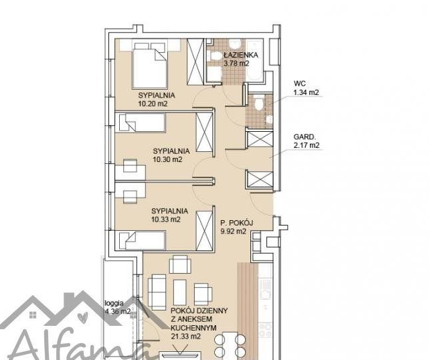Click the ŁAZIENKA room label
click(241, 55)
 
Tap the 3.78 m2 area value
click(237, 64)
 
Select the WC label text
click(300, 84)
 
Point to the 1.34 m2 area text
click(306, 92)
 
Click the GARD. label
click(305, 137)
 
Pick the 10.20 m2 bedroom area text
click(153, 104)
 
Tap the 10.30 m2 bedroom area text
click(167, 159)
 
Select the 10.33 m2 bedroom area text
click(166, 219)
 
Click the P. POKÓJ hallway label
click(237, 223)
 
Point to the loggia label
click(114, 303)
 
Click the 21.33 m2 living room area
click(185, 336)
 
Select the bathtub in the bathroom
click(254, 60)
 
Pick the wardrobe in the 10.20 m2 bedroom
click(195, 62)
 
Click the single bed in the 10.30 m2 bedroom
click(141, 123)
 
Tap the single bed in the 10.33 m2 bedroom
click(141, 241)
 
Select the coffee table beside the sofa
click(180, 292)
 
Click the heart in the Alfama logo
click(82, 318)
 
